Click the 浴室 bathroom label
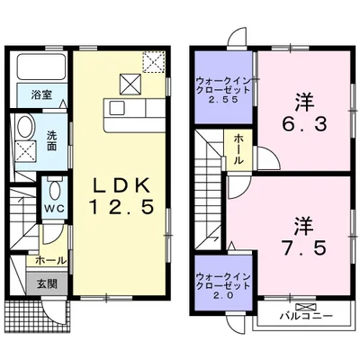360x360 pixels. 40,94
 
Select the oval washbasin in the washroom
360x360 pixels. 26,126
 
